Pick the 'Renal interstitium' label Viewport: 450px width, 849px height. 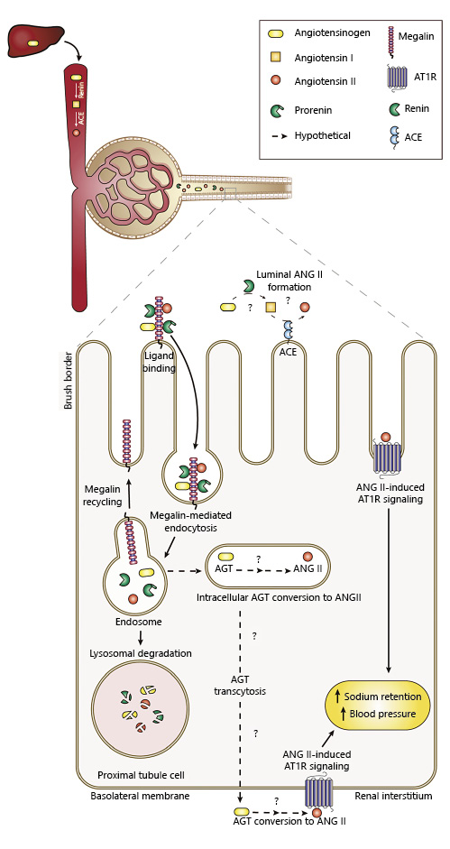393,797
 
